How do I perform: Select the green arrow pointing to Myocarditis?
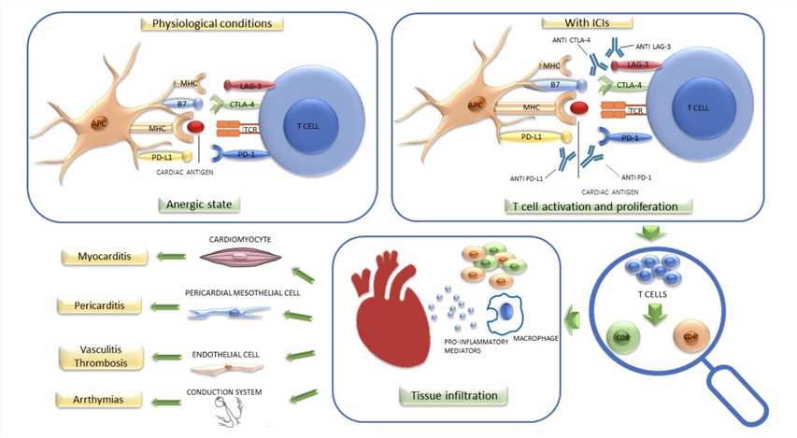click(169, 256)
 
